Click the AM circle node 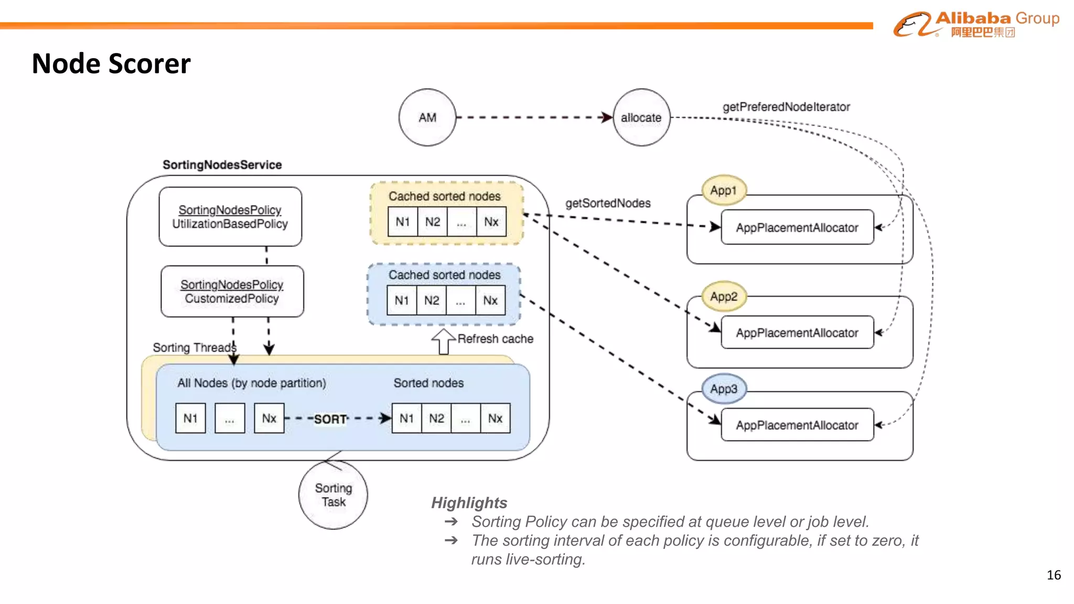(427, 117)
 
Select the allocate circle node (641, 117)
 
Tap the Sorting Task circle (333, 495)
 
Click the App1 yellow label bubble (724, 190)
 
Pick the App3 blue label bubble (724, 389)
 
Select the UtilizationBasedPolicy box (230, 217)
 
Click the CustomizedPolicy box (232, 292)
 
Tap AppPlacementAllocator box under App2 (797, 333)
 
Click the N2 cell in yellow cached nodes (433, 222)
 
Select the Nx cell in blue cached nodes (490, 300)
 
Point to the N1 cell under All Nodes (190, 418)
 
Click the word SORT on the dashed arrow (330, 419)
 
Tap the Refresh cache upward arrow (444, 341)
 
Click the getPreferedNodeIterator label (786, 107)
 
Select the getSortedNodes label (608, 203)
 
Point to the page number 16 (1054, 575)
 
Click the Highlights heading (469, 503)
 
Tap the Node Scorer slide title (111, 64)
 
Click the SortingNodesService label (222, 165)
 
